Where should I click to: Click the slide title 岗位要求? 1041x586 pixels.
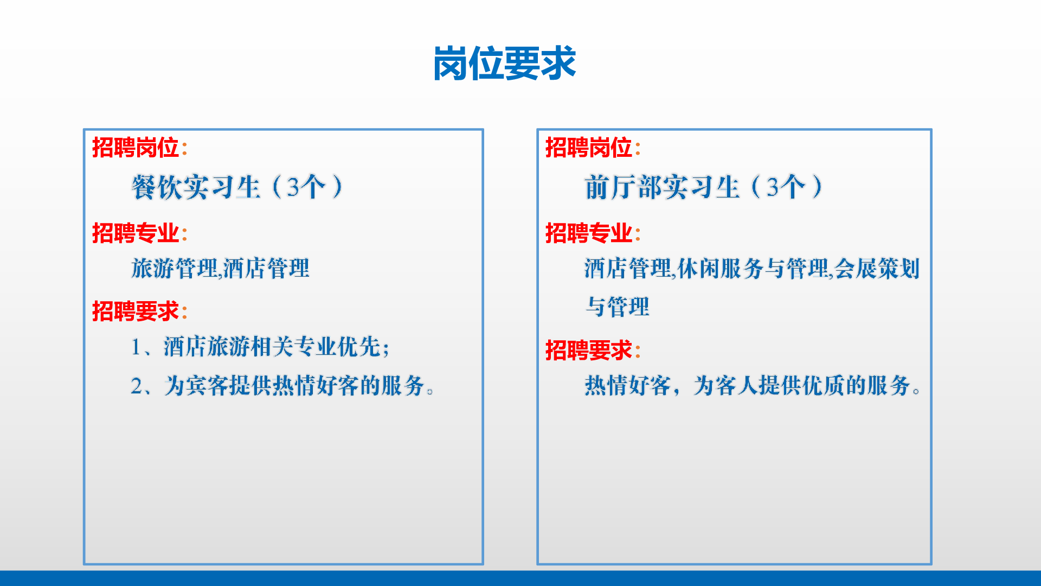tap(504, 63)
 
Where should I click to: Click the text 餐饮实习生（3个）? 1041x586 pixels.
tap(237, 187)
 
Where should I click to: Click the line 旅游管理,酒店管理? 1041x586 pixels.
tap(220, 268)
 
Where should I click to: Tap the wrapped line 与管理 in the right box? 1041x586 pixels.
tap(617, 307)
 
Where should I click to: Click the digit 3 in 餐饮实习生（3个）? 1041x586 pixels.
tap(293, 188)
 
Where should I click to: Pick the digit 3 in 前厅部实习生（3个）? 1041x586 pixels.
tap(773, 188)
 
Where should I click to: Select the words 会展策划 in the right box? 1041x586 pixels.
tap(877, 268)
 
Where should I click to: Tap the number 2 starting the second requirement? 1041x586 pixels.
tap(137, 386)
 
